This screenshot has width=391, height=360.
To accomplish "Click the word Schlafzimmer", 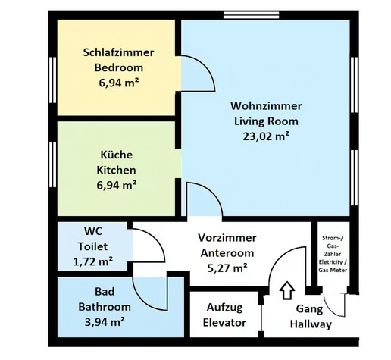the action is pyautogui.click(x=118, y=52).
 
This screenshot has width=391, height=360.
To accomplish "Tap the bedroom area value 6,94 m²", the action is pyautogui.click(x=119, y=83).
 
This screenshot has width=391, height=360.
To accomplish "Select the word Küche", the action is pyautogui.click(x=117, y=155).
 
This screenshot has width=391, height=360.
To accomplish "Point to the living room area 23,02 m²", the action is pyautogui.click(x=266, y=136).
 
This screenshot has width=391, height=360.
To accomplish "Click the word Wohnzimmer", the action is pyautogui.click(x=266, y=106).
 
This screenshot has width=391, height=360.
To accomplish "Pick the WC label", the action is pyautogui.click(x=93, y=231).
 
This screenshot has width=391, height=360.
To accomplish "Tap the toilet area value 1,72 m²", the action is pyautogui.click(x=92, y=261).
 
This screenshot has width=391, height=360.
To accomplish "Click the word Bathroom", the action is pyautogui.click(x=105, y=307).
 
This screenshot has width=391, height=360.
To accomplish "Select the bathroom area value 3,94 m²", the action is pyautogui.click(x=105, y=322).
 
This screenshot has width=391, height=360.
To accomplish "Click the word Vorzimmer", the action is pyautogui.click(x=227, y=238).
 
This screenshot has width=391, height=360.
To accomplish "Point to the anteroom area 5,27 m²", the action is pyautogui.click(x=227, y=268).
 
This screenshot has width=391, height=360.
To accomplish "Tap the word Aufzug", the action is pyautogui.click(x=224, y=308).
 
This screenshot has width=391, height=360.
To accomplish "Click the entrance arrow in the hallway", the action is pyautogui.click(x=287, y=290).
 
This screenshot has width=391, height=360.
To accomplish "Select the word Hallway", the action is pyautogui.click(x=311, y=324).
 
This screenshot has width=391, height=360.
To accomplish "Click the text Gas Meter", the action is pyautogui.click(x=333, y=270).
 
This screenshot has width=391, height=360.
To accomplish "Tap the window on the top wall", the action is pyautogui.click(x=252, y=15).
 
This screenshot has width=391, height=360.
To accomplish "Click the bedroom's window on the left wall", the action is pyautogui.click(x=52, y=80).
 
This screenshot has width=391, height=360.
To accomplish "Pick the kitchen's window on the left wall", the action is pyautogui.click(x=52, y=164).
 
